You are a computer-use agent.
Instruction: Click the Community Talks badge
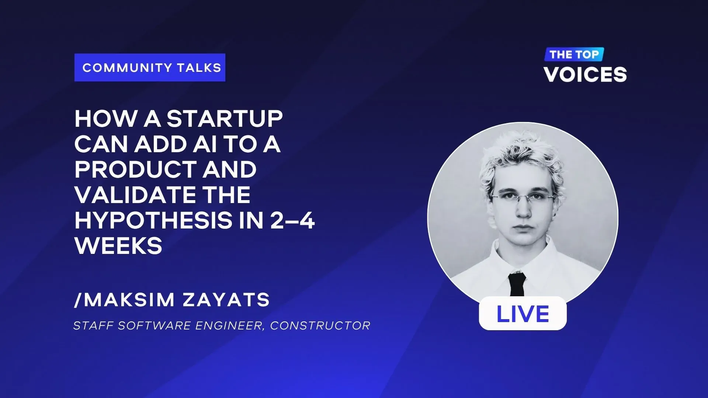click(150, 67)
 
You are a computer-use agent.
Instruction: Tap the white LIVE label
click(523, 313)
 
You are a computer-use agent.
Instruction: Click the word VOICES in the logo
click(585, 74)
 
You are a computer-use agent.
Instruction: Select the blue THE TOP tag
click(574, 55)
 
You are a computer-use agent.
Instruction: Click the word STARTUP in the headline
click(225, 119)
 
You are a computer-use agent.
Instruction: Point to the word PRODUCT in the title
click(135, 170)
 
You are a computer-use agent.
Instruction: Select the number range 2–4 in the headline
click(292, 220)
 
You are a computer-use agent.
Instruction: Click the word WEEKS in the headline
click(118, 246)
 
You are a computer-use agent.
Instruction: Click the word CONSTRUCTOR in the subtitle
click(320, 326)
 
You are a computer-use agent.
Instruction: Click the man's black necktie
click(517, 284)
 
